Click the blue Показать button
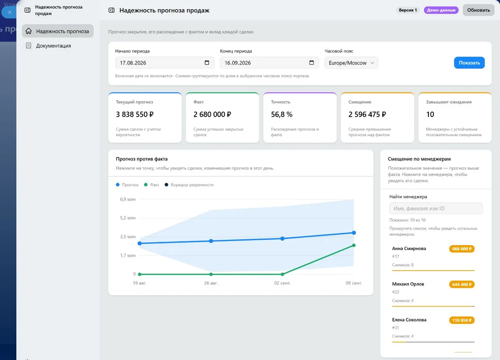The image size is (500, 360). tap(469, 63)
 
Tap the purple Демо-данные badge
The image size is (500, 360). tap(441, 10)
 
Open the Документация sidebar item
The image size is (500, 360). tap(53, 45)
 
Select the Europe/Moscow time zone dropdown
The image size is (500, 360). tap(351, 63)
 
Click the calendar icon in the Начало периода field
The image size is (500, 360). tap(207, 63)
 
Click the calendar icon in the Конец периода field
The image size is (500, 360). tap(311, 63)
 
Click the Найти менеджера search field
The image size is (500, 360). tap(436, 208)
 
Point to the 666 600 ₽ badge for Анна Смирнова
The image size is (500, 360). tap(462, 248)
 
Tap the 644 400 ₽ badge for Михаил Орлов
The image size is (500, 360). tap(462, 284)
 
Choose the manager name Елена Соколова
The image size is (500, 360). tap(409, 320)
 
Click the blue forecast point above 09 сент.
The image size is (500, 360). tap(354, 233)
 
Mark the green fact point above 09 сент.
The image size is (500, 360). tap(354, 245)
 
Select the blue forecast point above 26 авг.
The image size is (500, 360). tap(211, 241)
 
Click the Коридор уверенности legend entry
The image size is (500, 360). tap(189, 185)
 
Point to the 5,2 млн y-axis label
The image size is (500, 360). tap(128, 218)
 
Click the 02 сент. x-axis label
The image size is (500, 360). tap(282, 283)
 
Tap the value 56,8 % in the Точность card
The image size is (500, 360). tap(282, 114)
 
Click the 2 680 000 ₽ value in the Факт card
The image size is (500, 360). tap(212, 114)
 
